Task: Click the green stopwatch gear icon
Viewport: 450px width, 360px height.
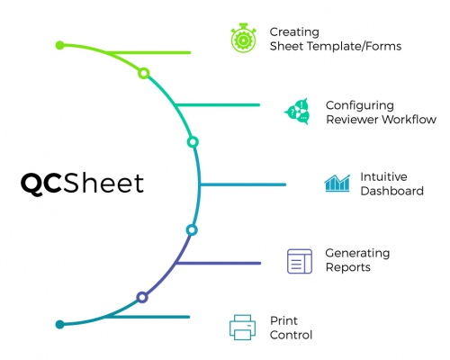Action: (243, 38)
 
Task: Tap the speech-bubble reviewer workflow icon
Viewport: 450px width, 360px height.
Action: (297, 112)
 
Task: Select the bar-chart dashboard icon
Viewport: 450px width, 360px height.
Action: (337, 183)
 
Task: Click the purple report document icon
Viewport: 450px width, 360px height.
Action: (300, 261)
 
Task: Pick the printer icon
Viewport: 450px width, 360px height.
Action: (242, 328)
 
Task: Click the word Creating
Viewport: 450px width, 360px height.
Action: (294, 31)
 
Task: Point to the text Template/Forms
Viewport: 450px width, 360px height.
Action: (355, 46)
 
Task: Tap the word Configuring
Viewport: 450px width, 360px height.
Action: (360, 105)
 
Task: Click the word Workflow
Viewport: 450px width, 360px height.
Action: (409, 120)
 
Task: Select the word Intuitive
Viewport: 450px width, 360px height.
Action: (383, 176)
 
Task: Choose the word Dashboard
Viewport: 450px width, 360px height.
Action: (392, 191)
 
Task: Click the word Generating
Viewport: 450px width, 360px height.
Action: (357, 253)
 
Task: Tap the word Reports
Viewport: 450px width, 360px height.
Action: (348, 267)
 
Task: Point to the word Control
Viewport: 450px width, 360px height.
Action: (291, 335)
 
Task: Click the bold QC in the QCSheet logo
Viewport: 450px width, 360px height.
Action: (41, 184)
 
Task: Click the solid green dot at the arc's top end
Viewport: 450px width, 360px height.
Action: (59, 45)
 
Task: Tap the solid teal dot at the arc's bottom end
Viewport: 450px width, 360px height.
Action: (60, 324)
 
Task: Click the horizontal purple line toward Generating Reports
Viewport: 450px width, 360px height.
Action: (219, 263)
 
